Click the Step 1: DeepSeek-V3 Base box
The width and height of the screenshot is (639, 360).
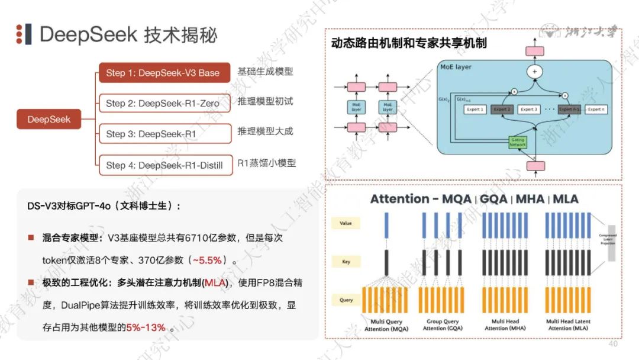pos(163,73)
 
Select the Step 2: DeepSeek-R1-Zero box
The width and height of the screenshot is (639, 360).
pos(163,104)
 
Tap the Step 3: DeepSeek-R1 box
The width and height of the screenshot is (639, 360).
pos(163,134)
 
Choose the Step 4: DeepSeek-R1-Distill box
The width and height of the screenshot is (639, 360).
pos(164,165)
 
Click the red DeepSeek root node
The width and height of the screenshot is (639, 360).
pos(49,119)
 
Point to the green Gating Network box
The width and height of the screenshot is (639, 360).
pos(517,142)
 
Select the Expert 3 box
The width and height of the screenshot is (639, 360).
pos(528,110)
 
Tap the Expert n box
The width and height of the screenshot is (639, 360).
pos(596,110)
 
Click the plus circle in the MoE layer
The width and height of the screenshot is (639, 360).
pos(535,72)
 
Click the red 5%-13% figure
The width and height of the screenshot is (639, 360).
pos(146,327)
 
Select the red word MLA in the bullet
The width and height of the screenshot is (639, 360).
pos(215,283)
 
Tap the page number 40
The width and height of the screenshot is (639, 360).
pos(612,344)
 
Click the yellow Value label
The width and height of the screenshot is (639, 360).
pos(346,223)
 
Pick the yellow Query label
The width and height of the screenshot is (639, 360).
pos(346,300)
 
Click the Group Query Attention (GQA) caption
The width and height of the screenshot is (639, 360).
pos(443,325)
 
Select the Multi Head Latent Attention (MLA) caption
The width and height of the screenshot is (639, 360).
pos(568,325)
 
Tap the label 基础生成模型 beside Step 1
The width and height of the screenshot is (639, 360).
pos(265,72)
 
